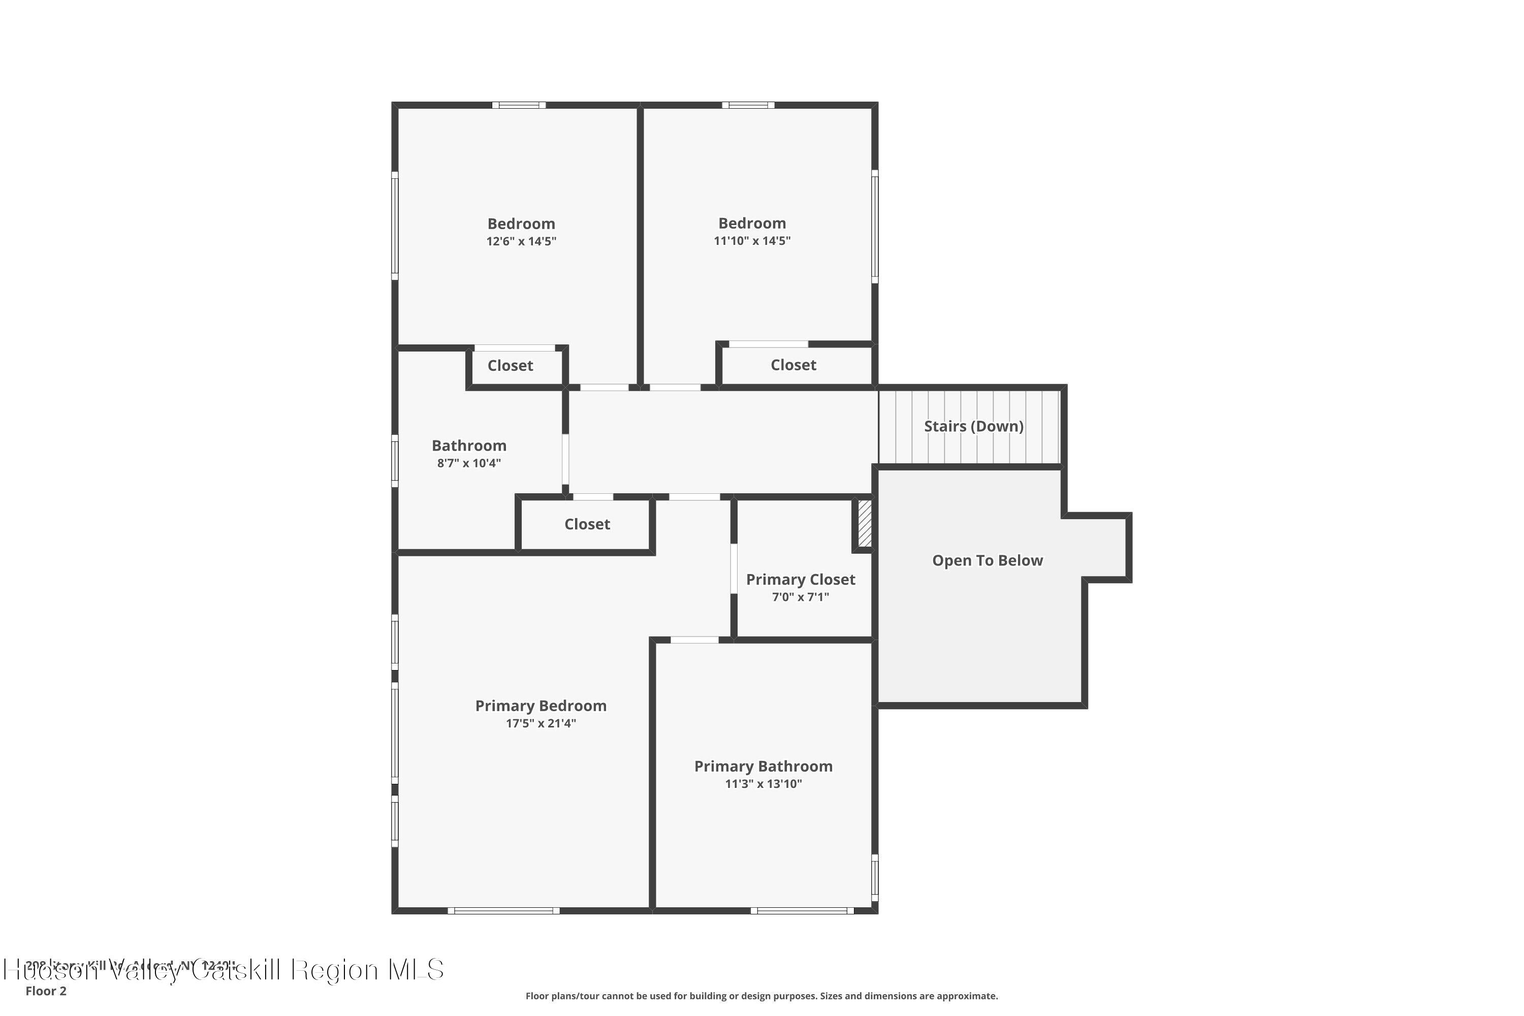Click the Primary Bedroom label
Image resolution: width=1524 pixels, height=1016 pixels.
pos(541,706)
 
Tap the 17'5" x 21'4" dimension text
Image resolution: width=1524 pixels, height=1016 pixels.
pos(541,723)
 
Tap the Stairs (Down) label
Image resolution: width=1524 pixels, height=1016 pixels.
pos(973,426)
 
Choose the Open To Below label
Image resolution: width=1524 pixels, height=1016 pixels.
pos(987,560)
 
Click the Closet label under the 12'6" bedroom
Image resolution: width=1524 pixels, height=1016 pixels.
pos(510,365)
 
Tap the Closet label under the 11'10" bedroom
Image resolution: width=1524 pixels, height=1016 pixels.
pos(793,365)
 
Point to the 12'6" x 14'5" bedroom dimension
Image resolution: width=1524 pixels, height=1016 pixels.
pos(521,241)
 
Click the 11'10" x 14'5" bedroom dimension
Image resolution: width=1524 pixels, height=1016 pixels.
pos(752,240)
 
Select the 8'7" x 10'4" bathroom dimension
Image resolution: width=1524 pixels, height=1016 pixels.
pos(468,463)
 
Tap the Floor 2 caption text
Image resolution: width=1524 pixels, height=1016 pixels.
pos(46,991)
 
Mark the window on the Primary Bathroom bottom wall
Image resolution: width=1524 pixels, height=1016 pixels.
pos(802,910)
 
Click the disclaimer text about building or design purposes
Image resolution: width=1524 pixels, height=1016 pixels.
pos(761,996)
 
